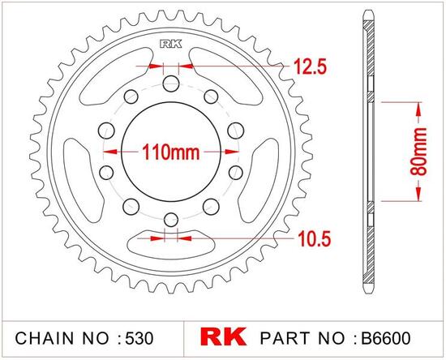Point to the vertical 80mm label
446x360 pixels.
click(x=420, y=150)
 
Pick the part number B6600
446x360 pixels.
click(x=397, y=336)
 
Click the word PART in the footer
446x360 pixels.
click(x=282, y=336)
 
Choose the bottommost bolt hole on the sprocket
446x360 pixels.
click(x=171, y=218)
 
